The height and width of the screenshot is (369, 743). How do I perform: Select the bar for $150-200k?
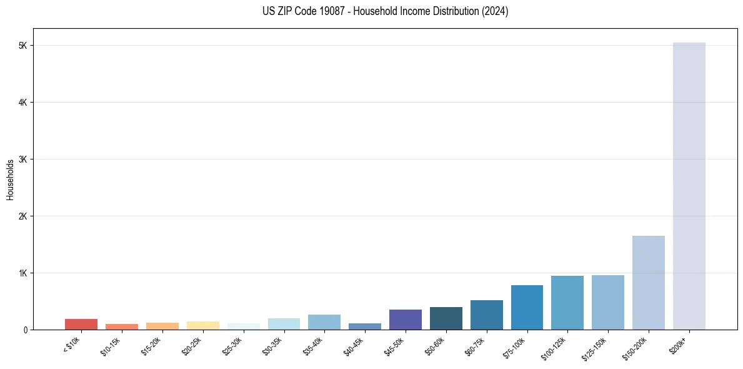648,283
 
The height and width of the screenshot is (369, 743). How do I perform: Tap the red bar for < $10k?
81,324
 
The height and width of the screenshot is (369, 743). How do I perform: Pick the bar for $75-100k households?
527,307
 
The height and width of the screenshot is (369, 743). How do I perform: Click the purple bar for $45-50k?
405,320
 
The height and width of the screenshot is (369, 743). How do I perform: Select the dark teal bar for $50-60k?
446,318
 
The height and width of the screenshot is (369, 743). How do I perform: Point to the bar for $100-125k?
567,303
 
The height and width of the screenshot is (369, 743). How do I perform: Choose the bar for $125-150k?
607,302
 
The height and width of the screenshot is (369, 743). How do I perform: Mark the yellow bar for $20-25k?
202,325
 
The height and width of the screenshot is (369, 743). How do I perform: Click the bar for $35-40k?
324,322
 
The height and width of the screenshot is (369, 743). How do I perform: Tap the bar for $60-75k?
486,315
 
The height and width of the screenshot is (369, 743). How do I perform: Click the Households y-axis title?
10,179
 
